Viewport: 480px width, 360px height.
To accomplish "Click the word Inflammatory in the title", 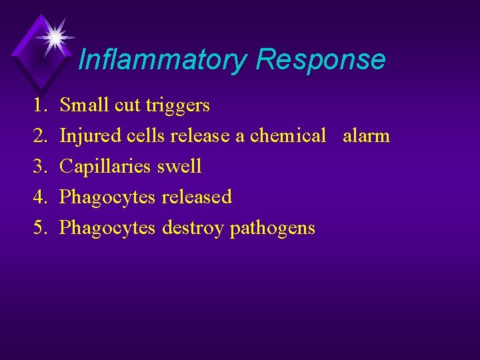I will tap(162, 60).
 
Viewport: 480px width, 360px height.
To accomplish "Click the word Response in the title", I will tap(320, 59).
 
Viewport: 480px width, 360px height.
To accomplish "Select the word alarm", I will tap(366, 136).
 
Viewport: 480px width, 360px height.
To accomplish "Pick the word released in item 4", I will tap(196, 197).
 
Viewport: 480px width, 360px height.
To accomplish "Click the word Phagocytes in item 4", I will tap(107, 198).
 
